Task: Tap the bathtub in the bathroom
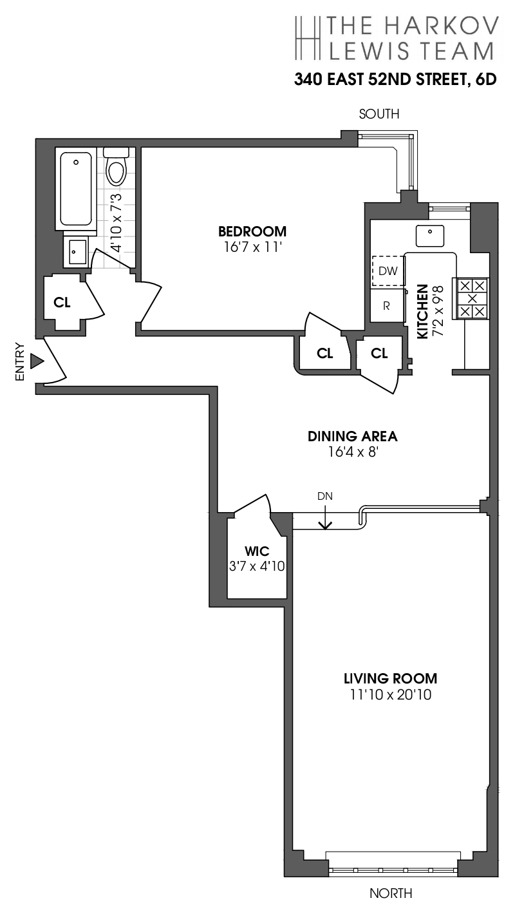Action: [77, 187]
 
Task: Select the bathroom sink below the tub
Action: [78, 250]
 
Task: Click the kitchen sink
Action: [428, 236]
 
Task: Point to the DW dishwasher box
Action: [388, 271]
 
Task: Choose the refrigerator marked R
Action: [387, 306]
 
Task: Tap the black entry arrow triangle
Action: [37, 361]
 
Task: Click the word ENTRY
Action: [19, 361]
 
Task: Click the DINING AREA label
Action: [352, 436]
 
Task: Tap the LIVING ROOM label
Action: [390, 678]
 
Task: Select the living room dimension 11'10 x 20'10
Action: [390, 694]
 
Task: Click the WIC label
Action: [256, 551]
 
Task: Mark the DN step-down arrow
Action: [326, 515]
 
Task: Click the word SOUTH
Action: [379, 114]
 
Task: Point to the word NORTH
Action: [391, 893]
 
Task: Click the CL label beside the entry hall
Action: [62, 302]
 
